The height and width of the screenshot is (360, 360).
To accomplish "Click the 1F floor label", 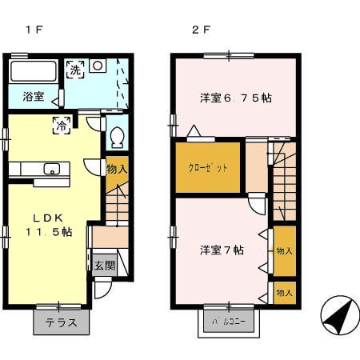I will coord(34,31).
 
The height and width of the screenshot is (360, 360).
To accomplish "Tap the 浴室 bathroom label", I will coord(33,97).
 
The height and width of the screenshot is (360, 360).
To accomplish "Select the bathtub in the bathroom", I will coord(34,71).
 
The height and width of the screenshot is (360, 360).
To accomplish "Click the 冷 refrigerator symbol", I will coord(62,124).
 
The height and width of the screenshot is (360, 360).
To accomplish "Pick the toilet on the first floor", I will coord(117,137).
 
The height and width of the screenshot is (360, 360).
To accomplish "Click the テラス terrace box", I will coord(61,323).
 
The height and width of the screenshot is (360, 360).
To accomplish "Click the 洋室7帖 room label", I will coord(222,250).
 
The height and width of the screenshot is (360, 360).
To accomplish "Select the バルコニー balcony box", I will coord(228,322).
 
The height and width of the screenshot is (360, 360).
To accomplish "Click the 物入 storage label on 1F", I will coord(117,170).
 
